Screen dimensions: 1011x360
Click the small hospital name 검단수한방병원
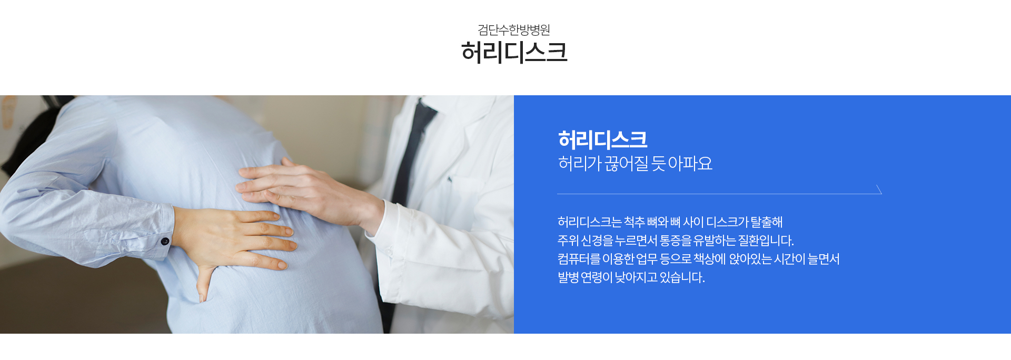(x=513, y=29)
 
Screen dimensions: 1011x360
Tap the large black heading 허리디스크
(x=514, y=52)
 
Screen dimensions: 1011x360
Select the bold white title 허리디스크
(x=602, y=139)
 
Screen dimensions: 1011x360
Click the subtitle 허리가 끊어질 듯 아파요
(x=635, y=163)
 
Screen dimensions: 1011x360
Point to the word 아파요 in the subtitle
(x=690, y=163)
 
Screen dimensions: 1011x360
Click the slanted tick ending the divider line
(x=879, y=189)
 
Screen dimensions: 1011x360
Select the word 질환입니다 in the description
(x=766, y=241)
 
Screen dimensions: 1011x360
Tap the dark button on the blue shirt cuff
(x=165, y=242)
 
